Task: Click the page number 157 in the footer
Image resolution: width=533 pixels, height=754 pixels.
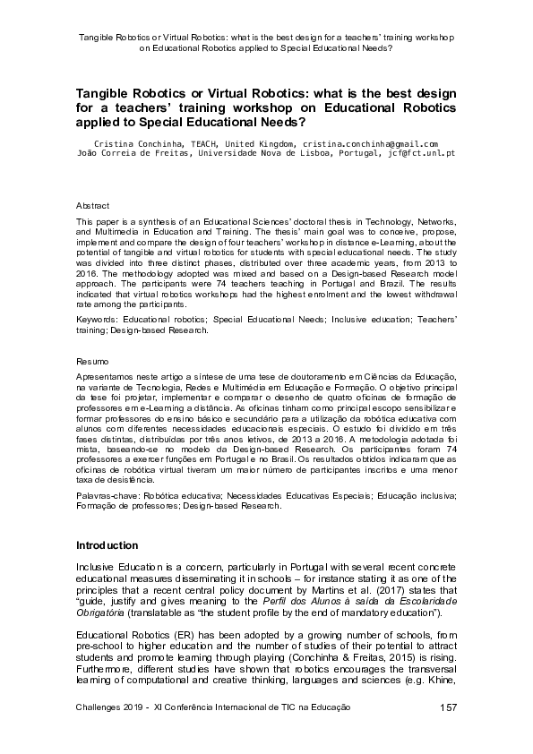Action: [449, 707]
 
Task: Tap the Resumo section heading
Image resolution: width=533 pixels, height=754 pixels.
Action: [91, 361]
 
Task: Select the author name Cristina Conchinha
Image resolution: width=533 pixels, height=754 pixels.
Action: [133, 143]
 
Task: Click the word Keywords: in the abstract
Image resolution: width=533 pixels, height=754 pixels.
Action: [98, 320]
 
